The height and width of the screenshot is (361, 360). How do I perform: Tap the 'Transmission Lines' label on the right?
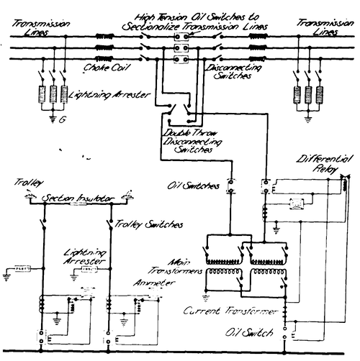pyautogui.click(x=319, y=27)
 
